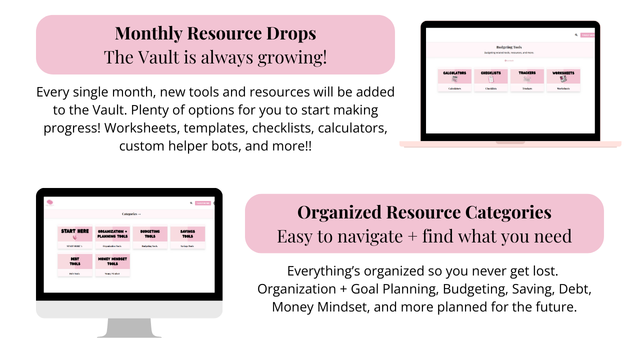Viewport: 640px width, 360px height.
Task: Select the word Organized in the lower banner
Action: pos(339,212)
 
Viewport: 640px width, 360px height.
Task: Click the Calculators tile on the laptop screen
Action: pos(454,79)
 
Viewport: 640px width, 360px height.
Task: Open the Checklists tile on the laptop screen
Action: pos(491,79)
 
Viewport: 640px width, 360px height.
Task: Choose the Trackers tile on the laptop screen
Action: pos(527,79)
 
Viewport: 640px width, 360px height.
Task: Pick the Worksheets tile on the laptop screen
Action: pos(563,79)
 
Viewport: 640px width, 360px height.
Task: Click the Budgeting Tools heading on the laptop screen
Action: pos(509,47)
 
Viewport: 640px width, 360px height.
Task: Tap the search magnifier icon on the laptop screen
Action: pos(576,35)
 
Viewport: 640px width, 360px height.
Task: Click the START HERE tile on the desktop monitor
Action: pos(75,237)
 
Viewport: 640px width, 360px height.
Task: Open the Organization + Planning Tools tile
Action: pos(112,237)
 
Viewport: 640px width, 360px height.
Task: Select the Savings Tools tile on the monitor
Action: pos(187,237)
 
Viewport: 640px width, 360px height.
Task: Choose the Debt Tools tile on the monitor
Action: pos(75,264)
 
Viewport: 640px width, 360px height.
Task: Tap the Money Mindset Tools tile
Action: pos(112,264)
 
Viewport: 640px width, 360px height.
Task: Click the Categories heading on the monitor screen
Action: pos(131,214)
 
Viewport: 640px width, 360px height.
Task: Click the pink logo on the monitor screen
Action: pos(50,202)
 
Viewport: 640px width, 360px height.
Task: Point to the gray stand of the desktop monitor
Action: pos(129,328)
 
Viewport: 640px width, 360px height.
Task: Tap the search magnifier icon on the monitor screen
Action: pos(191,203)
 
